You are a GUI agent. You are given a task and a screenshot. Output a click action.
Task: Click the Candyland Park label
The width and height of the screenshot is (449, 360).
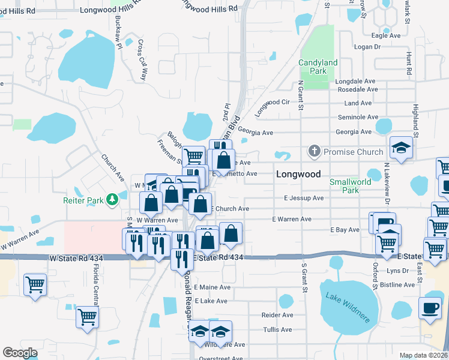click(x=318, y=67)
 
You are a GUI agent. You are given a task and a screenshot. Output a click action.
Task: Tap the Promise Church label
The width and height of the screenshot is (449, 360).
click(x=353, y=152)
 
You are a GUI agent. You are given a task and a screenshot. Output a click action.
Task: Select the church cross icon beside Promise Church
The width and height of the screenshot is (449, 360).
click(x=313, y=152)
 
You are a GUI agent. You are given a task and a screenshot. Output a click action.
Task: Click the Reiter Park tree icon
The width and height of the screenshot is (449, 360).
click(x=112, y=199)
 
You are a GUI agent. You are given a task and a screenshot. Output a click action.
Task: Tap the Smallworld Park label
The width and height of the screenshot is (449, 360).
click(x=350, y=186)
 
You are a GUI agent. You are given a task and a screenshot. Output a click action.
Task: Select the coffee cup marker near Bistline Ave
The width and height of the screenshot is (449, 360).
click(x=429, y=308)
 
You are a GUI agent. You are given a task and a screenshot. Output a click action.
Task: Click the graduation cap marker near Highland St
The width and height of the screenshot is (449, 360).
click(x=401, y=148)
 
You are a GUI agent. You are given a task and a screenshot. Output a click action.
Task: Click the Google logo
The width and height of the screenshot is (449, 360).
click(x=20, y=353)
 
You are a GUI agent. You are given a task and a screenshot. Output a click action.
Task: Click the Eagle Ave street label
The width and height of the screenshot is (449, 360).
click(x=386, y=36)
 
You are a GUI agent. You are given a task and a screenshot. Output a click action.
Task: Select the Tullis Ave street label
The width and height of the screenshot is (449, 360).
click(x=277, y=329)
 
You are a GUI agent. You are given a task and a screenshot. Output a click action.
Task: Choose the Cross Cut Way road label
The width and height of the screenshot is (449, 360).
click(x=142, y=60)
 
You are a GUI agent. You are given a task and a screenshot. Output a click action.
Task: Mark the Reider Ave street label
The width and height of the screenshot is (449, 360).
click(x=277, y=314)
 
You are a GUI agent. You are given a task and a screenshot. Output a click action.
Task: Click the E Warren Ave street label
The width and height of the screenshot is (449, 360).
click(x=292, y=220)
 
